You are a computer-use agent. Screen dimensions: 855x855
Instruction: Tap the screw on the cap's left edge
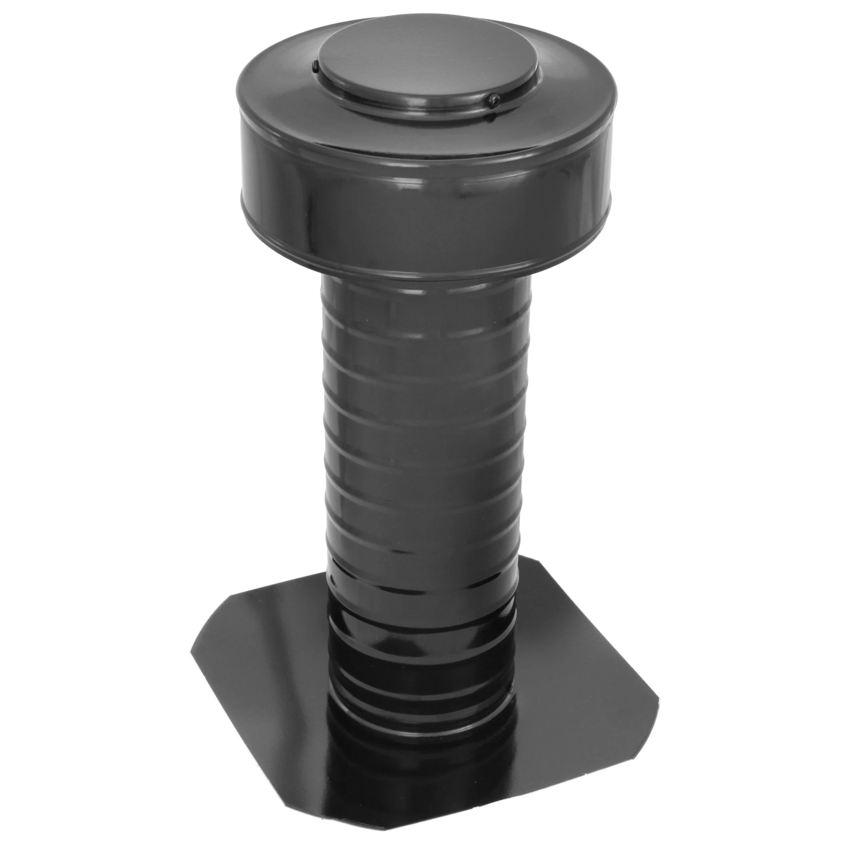[x=315, y=68]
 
